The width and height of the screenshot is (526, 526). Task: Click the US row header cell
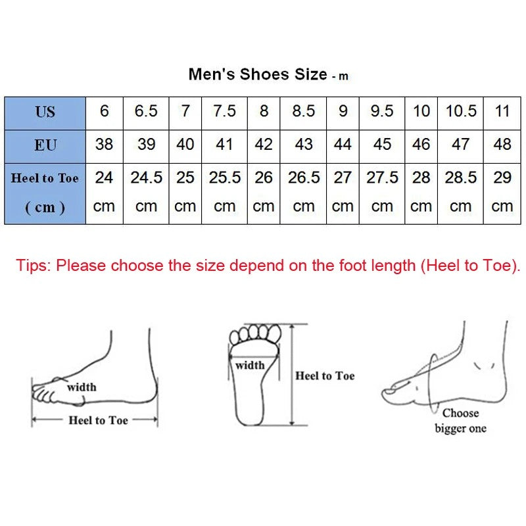pos(45,112)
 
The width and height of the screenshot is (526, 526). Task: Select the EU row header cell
pos(45,145)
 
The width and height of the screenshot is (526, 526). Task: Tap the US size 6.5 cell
pos(146,111)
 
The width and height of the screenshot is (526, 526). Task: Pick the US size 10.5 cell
pos(461,111)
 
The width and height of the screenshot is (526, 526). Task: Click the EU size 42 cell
pos(264,144)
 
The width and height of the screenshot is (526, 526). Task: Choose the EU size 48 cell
pos(502,144)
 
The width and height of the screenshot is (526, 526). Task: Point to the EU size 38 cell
pos(104,144)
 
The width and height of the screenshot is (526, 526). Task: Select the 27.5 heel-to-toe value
pos(382,178)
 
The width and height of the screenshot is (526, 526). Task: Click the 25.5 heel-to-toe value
pos(225,178)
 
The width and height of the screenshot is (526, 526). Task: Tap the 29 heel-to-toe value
pos(502,178)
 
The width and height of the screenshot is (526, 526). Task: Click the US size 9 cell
pos(343,111)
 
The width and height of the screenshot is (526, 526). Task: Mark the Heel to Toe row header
pos(45,178)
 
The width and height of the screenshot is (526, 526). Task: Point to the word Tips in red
pos(33,266)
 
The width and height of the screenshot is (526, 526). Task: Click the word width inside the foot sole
pos(250,366)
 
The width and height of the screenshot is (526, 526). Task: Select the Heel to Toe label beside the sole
pos(325,375)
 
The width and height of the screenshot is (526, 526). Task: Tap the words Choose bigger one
pos(460,421)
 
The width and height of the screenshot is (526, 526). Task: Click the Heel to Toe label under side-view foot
pos(98,420)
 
